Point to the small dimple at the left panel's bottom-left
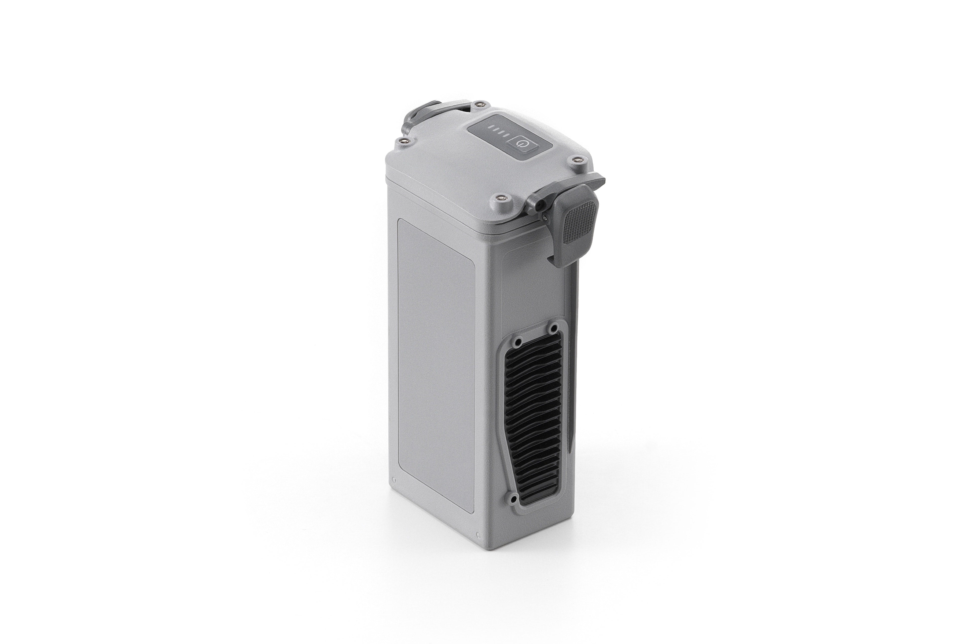pyautogui.click(x=394, y=479)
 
